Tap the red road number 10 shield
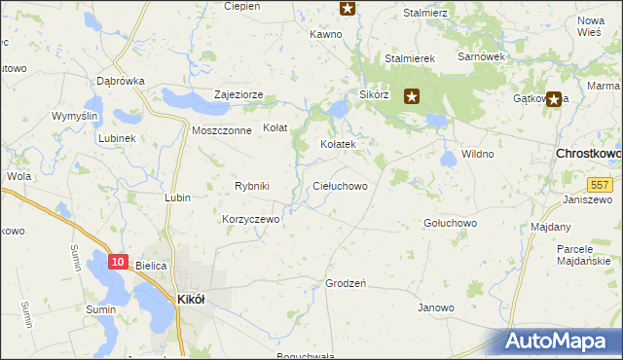pyautogui.click(x=118, y=262)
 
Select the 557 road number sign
pyautogui.click(x=599, y=184)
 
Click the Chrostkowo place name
pyautogui.click(x=588, y=154)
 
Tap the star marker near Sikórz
pyautogui.click(x=412, y=96)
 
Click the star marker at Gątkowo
pyautogui.click(x=555, y=98)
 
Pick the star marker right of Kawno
pyautogui.click(x=348, y=8)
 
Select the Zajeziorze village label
pyautogui.click(x=239, y=96)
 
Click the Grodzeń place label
pyautogui.click(x=345, y=284)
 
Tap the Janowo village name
pyautogui.click(x=436, y=308)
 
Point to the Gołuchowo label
pyautogui.click(x=450, y=223)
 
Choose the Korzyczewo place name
pyautogui.click(x=251, y=220)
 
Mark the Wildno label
pyautogui.click(x=478, y=154)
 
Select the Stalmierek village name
pyautogui.click(x=409, y=58)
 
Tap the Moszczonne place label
pyautogui.click(x=222, y=130)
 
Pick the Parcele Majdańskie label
pyautogui.click(x=588, y=255)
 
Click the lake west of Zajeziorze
pyautogui.click(x=182, y=98)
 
